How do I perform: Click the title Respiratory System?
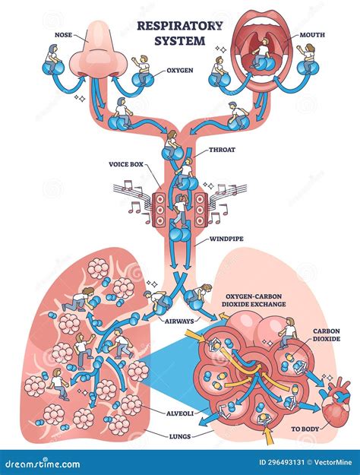pos(180,31)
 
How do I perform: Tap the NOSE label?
pos(65,34)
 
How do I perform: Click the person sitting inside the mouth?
pos(262,52)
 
